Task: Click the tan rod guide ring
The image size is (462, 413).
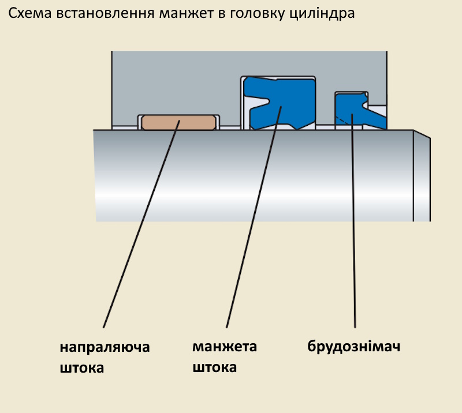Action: pos(178,122)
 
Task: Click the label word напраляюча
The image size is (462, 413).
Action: pos(105,348)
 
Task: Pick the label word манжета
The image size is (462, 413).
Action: pos(224,347)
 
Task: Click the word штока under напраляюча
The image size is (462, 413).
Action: pos(82,367)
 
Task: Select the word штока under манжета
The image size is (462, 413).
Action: pos(214,367)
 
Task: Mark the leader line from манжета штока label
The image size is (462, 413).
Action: pos(253,219)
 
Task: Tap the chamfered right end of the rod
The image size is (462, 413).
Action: pos(422,176)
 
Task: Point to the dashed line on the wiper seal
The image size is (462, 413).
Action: pos(345,120)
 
